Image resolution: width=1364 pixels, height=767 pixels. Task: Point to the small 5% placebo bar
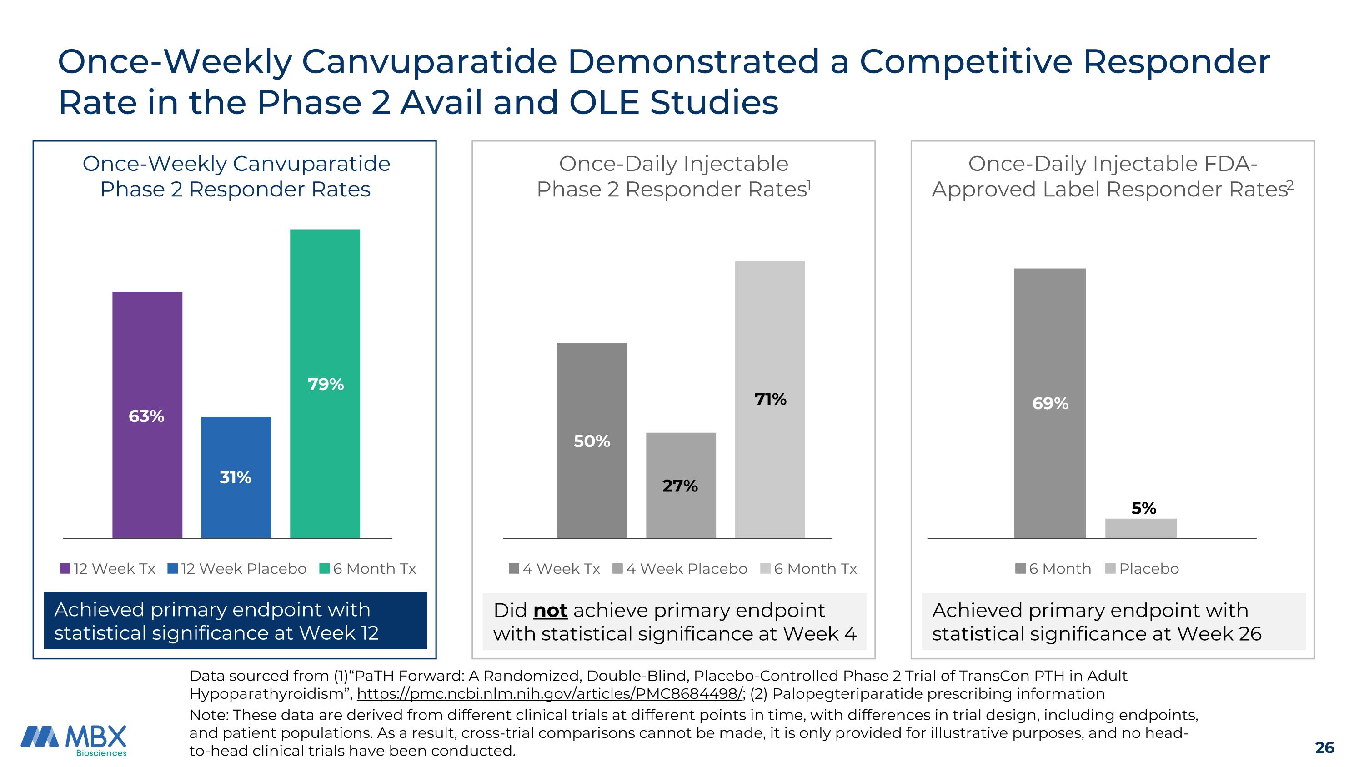pyautogui.click(x=1141, y=528)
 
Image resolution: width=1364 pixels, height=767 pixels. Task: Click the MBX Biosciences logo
pyautogui.click(x=74, y=739)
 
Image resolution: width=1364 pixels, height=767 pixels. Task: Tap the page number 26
pyautogui.click(x=1324, y=747)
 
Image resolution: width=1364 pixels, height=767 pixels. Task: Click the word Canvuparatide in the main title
pyautogui.click(x=429, y=61)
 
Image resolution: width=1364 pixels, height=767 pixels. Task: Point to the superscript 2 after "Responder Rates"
pyautogui.click(x=1290, y=184)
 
